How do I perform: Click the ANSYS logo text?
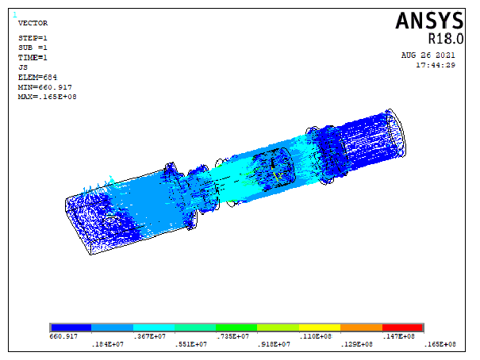click(429, 21)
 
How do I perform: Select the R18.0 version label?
click(445, 39)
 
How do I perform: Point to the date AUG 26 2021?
click(428, 56)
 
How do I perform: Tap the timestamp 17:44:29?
click(436, 65)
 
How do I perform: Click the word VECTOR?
click(33, 23)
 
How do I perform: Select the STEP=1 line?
click(33, 38)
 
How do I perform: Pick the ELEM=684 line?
click(37, 78)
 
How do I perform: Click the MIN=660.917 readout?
click(44, 87)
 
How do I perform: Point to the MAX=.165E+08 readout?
click(47, 97)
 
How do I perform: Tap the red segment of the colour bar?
click(402, 327)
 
